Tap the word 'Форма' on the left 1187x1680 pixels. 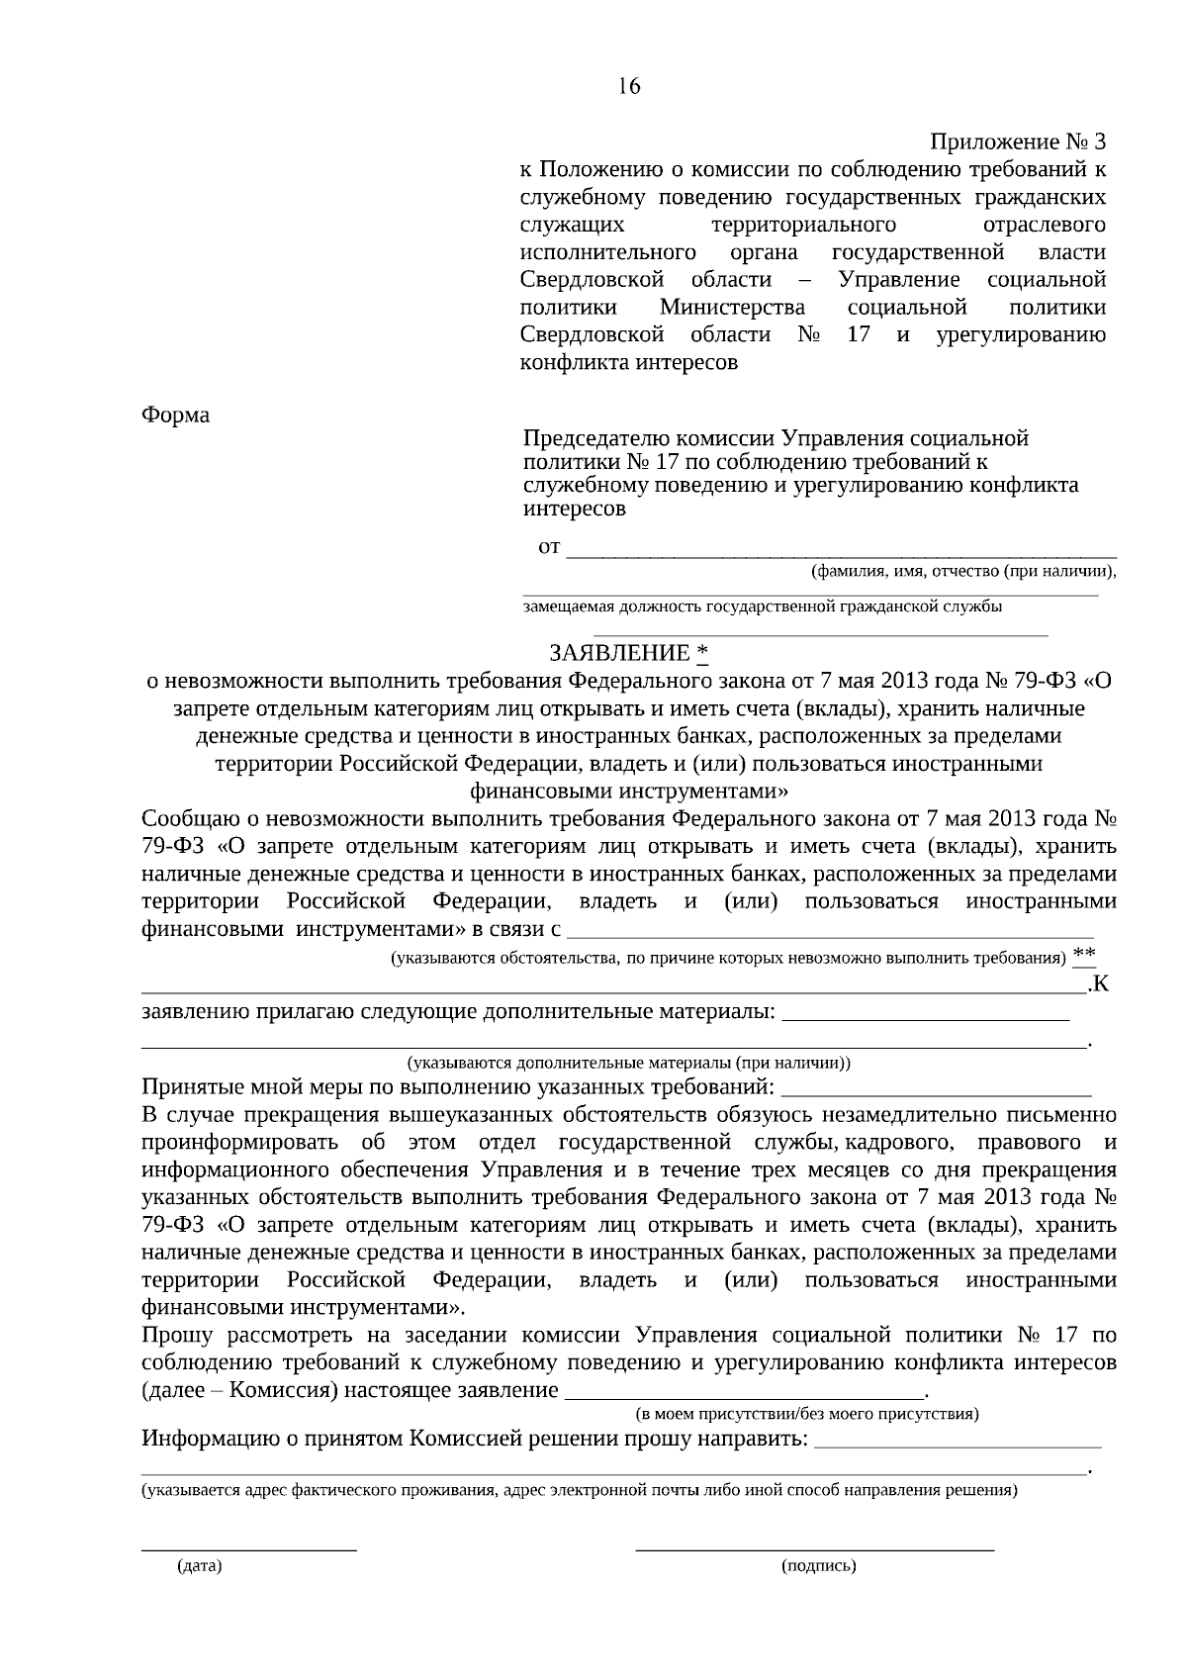click(176, 416)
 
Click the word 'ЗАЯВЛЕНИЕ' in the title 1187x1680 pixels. click(620, 654)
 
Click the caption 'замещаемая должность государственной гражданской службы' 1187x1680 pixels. click(762, 607)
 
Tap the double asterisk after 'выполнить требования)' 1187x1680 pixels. click(1084, 954)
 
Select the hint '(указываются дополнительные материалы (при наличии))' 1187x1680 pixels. click(628, 1064)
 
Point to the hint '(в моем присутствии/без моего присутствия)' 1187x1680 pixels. click(806, 1413)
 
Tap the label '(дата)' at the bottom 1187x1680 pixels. click(199, 1566)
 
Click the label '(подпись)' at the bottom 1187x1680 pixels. click(818, 1566)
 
